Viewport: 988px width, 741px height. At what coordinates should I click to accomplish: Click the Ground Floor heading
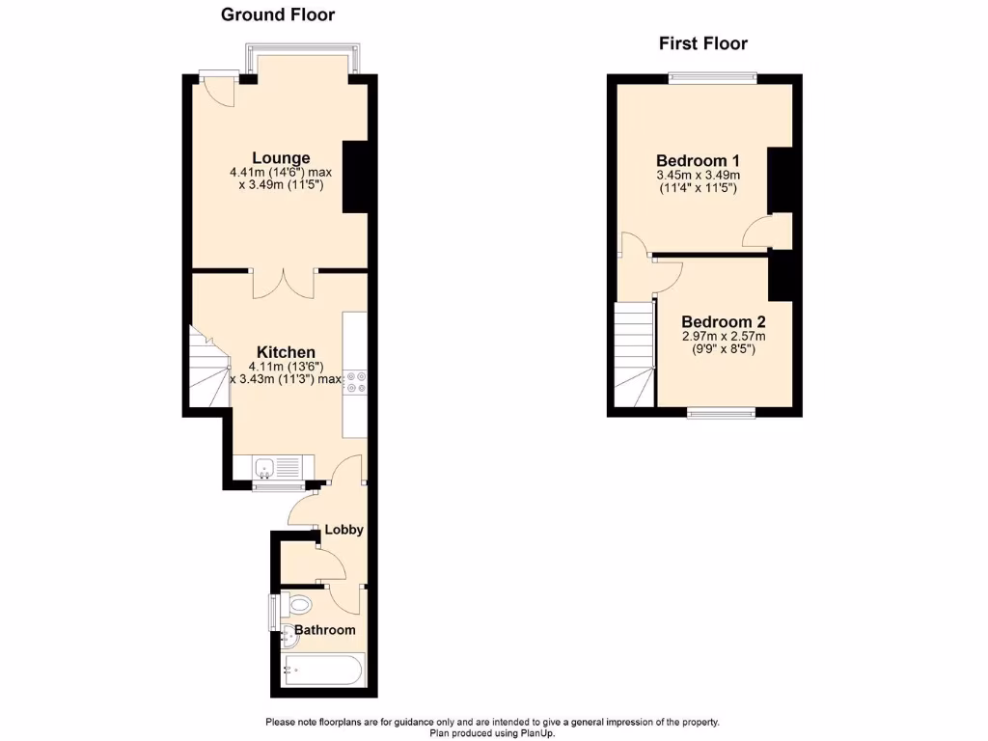pos(278,14)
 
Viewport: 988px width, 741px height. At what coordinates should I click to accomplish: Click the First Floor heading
pos(703,43)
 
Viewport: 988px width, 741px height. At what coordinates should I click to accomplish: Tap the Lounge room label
pos(281,158)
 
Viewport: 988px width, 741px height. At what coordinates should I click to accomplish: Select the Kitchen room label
pos(286,352)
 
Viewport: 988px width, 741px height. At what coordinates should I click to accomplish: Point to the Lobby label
pos(343,530)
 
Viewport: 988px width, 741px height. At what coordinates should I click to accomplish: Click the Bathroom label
pos(325,630)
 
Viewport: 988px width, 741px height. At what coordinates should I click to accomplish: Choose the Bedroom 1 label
pos(698,160)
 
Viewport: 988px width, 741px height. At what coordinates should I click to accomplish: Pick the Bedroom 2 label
pos(724,322)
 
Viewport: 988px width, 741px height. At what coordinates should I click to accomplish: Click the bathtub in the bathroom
pos(323,668)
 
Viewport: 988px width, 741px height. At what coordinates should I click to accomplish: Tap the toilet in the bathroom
pos(298,606)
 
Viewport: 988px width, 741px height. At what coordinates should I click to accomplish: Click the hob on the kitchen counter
pos(353,382)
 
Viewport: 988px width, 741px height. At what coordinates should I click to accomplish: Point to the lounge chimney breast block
pos(356,177)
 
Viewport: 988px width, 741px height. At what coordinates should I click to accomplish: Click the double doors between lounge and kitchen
pos(284,282)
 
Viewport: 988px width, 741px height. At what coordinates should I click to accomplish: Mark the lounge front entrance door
pos(216,92)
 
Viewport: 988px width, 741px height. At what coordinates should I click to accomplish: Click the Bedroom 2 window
pos(721,413)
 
